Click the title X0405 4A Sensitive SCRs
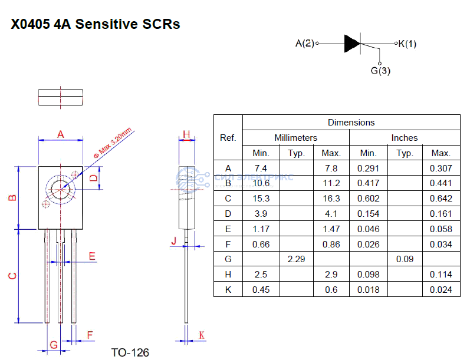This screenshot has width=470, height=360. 95,25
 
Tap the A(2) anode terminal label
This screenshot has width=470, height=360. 305,43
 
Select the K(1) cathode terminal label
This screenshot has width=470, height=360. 407,43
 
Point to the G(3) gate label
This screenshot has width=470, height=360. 380,71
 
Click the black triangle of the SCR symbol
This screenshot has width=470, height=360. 351,43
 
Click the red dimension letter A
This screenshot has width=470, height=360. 60,134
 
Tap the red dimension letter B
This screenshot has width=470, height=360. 12,198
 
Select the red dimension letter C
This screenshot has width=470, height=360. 12,276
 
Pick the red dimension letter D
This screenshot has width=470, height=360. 93,177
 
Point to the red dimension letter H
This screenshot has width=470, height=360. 186,134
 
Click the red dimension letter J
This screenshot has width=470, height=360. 173,240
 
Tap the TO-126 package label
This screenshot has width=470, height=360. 130,352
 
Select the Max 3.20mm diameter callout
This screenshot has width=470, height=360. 113,142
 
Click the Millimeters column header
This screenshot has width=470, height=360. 295,138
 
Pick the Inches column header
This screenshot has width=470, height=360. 404,138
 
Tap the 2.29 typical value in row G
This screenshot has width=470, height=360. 295,259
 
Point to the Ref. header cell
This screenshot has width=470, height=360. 228,138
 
